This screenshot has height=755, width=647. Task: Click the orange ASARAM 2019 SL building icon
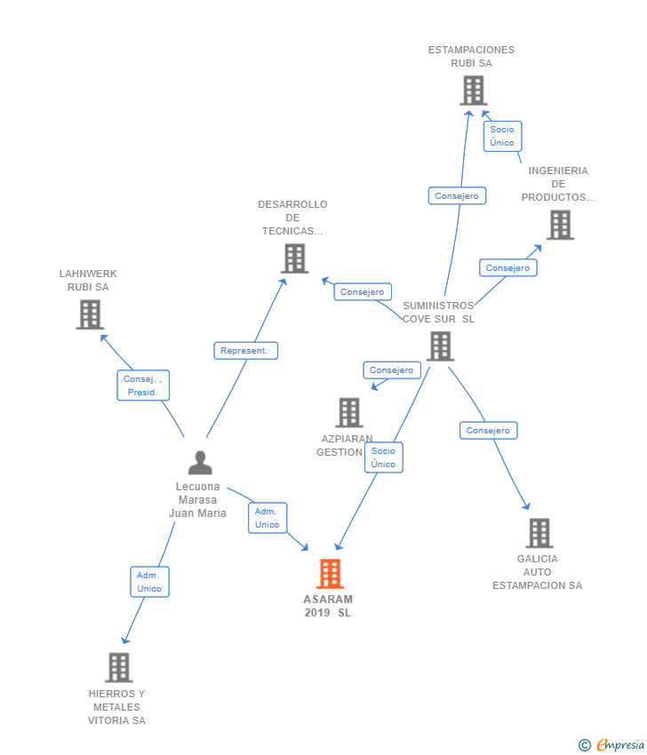(330, 574)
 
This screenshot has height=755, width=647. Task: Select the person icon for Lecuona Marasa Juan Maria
(201, 463)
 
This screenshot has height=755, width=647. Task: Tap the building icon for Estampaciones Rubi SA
(473, 91)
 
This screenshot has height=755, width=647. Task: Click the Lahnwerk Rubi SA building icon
(90, 314)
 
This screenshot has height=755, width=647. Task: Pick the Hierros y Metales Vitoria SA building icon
(118, 667)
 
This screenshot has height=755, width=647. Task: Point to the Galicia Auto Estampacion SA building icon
(539, 533)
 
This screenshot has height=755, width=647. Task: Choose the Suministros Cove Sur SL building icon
(440, 346)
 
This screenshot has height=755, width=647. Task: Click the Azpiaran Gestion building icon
(349, 412)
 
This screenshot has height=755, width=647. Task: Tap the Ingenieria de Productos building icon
(559, 225)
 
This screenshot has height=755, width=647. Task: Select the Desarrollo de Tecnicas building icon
(294, 258)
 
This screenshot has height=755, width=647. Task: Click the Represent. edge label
(245, 351)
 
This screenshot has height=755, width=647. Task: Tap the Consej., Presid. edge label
(143, 385)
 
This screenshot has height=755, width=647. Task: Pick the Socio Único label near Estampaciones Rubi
(502, 136)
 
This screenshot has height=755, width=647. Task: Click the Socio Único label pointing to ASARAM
(383, 457)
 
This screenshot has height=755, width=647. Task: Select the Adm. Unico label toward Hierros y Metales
(149, 582)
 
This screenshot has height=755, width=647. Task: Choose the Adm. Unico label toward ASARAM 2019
(267, 518)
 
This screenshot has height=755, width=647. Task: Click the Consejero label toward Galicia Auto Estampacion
(488, 431)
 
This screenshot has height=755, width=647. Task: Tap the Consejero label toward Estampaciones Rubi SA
(457, 196)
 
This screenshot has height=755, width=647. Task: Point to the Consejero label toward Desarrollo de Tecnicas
(363, 291)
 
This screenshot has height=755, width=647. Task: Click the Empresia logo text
(619, 745)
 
